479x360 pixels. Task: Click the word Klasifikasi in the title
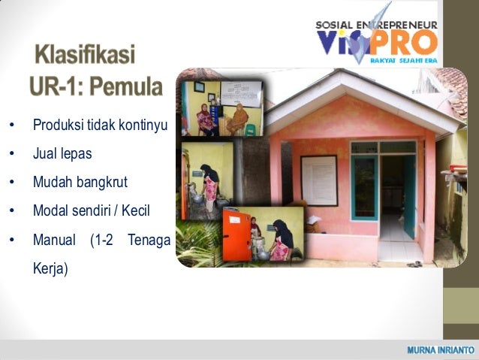(x=85, y=56)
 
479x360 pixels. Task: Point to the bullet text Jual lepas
(x=62, y=153)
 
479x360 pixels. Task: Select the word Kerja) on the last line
(x=50, y=268)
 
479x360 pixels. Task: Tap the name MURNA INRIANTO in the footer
(x=440, y=350)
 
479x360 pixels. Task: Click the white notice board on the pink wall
(x=318, y=180)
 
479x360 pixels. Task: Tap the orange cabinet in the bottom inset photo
(x=236, y=236)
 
